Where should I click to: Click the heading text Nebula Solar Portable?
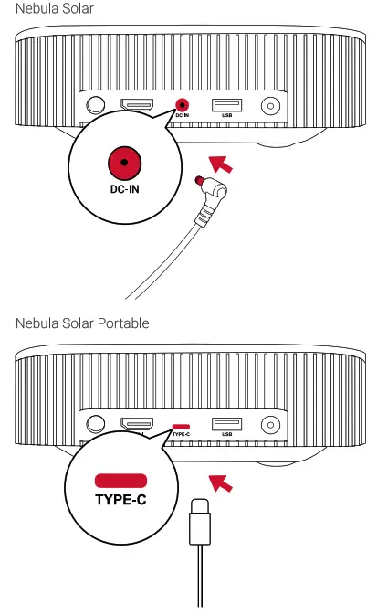(x=82, y=323)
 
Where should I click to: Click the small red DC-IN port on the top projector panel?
(x=181, y=106)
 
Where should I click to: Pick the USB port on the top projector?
(x=226, y=104)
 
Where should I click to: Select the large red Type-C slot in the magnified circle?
(x=120, y=481)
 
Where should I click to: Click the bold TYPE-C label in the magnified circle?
(x=120, y=501)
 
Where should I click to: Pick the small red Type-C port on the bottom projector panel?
(x=181, y=425)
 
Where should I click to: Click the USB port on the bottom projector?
(x=226, y=423)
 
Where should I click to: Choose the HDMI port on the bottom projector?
(x=138, y=424)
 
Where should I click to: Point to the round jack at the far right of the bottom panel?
(x=270, y=425)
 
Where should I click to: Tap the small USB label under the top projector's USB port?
(x=226, y=116)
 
